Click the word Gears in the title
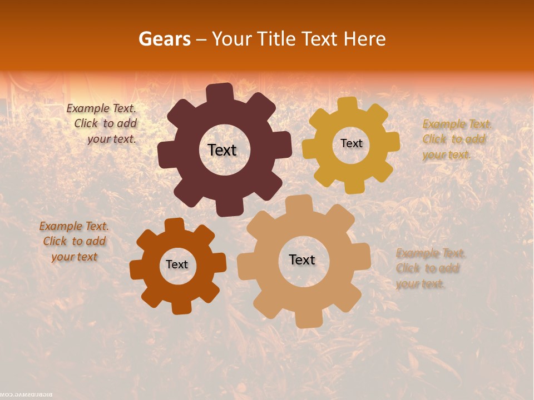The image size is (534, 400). (164, 39)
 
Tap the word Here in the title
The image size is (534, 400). (365, 39)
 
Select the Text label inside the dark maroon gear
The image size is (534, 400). (222, 150)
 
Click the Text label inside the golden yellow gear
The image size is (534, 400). (351, 143)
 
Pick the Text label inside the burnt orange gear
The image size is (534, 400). (177, 264)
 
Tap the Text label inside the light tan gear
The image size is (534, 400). (302, 259)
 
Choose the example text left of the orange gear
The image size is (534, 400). (75, 241)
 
